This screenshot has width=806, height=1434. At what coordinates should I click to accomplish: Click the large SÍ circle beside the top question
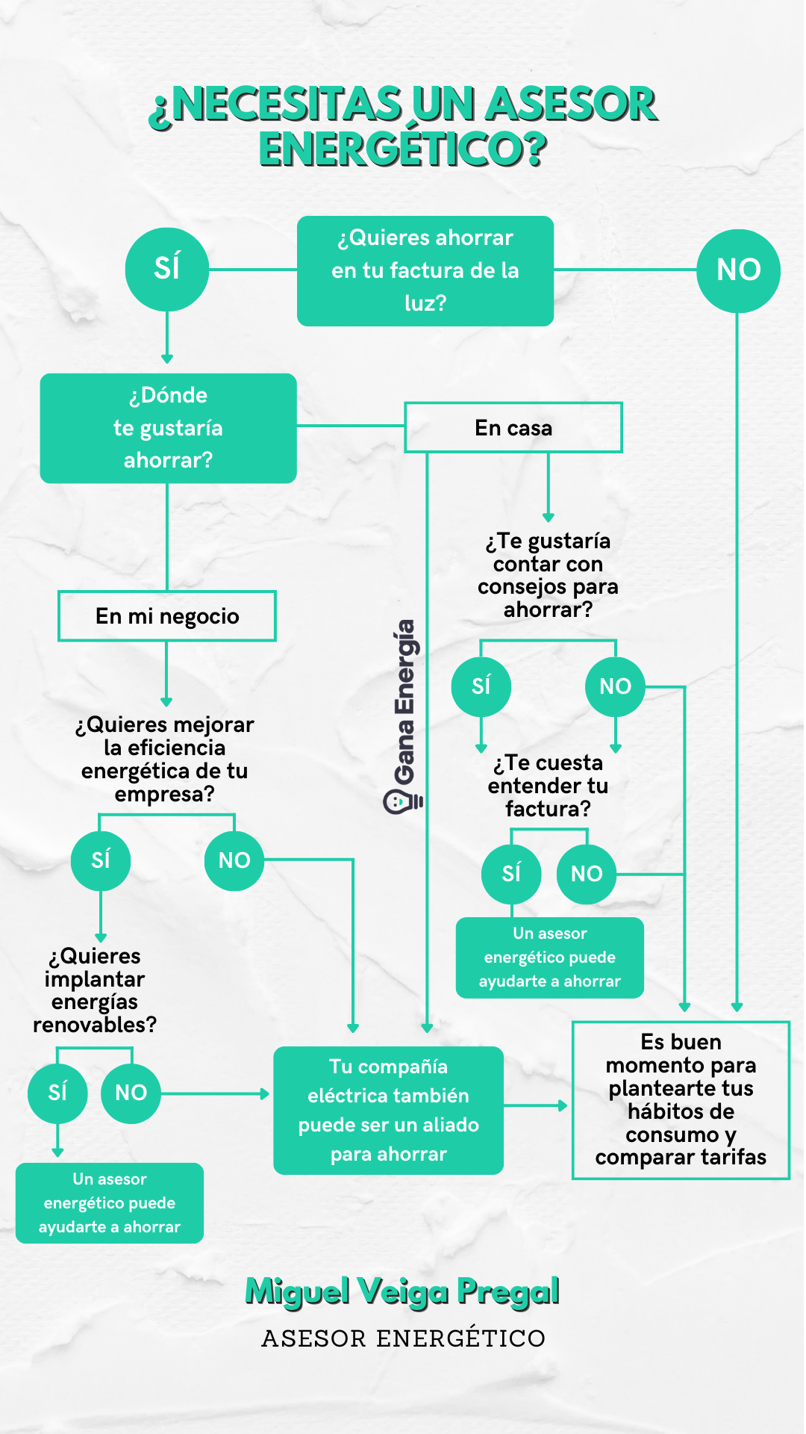(x=166, y=269)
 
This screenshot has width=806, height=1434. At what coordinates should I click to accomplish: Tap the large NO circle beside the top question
(x=738, y=270)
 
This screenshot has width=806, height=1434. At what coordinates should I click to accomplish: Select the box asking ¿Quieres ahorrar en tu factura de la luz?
(x=425, y=271)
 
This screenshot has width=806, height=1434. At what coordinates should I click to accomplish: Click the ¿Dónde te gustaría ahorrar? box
(x=168, y=428)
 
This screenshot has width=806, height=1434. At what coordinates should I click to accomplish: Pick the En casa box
(x=513, y=428)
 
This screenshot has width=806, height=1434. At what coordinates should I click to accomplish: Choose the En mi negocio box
(x=167, y=616)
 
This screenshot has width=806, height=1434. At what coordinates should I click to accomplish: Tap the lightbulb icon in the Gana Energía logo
(x=402, y=802)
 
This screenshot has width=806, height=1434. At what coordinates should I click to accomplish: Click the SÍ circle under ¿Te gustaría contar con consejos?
(x=481, y=686)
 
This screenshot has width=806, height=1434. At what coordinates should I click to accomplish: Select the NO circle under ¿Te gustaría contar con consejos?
(x=615, y=686)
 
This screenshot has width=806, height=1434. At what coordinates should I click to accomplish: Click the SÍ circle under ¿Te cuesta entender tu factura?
(x=511, y=874)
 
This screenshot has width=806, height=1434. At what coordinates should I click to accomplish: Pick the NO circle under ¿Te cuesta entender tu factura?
(x=587, y=874)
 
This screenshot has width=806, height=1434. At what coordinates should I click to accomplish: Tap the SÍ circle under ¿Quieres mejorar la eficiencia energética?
(x=101, y=860)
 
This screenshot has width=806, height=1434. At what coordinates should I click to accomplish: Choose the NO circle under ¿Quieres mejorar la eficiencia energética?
(x=234, y=860)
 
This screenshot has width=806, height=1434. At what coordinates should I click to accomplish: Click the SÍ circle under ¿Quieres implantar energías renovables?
(x=57, y=1093)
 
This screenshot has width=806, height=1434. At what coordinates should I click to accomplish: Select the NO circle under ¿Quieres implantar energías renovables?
(x=131, y=1093)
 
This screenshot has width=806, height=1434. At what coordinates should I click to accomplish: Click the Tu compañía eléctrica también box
(x=388, y=1111)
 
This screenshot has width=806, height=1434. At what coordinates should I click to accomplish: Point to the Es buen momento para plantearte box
(x=681, y=1100)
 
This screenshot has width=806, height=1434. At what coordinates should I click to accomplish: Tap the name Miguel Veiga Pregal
(x=402, y=1292)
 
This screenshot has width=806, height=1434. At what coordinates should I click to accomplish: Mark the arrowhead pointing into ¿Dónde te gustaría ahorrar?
(x=167, y=359)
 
